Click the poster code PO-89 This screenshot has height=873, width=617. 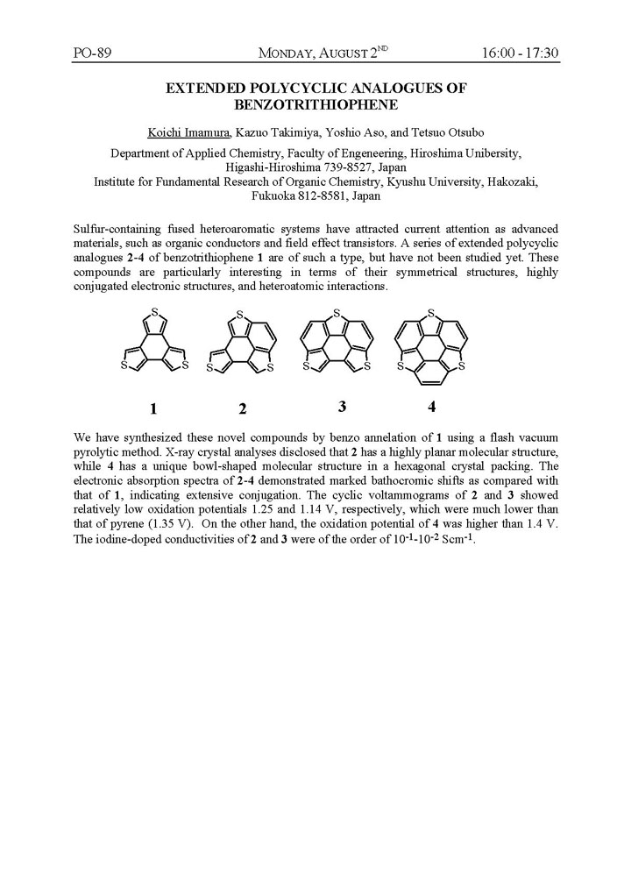coord(91,53)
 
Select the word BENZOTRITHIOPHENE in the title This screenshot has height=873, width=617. coord(316,104)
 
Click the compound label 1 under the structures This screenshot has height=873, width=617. coord(152,408)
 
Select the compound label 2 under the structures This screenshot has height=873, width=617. coord(242,408)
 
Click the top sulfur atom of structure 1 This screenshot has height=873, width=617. coord(153,312)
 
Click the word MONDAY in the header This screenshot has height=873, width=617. coord(289,54)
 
